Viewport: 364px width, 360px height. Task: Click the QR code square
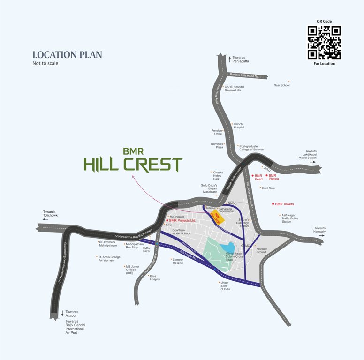point(324,43)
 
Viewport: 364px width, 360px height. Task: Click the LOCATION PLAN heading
point(67,55)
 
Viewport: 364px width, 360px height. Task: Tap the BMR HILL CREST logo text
point(133,161)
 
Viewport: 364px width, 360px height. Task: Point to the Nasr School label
point(282,85)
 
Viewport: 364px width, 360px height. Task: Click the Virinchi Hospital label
point(239,126)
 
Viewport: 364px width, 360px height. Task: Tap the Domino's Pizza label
point(216,146)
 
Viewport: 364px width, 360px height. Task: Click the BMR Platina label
point(274,177)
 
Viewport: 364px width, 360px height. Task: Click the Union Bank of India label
point(226,286)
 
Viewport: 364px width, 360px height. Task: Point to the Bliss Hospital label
point(155,277)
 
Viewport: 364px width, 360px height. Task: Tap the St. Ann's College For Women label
point(109,259)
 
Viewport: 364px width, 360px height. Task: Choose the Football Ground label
point(261,250)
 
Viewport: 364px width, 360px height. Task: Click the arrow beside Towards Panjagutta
point(229,59)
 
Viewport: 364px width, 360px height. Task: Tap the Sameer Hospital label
point(178,261)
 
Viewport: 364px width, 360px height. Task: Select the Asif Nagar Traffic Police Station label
point(290,218)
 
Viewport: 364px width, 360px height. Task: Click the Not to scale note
point(45,63)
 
